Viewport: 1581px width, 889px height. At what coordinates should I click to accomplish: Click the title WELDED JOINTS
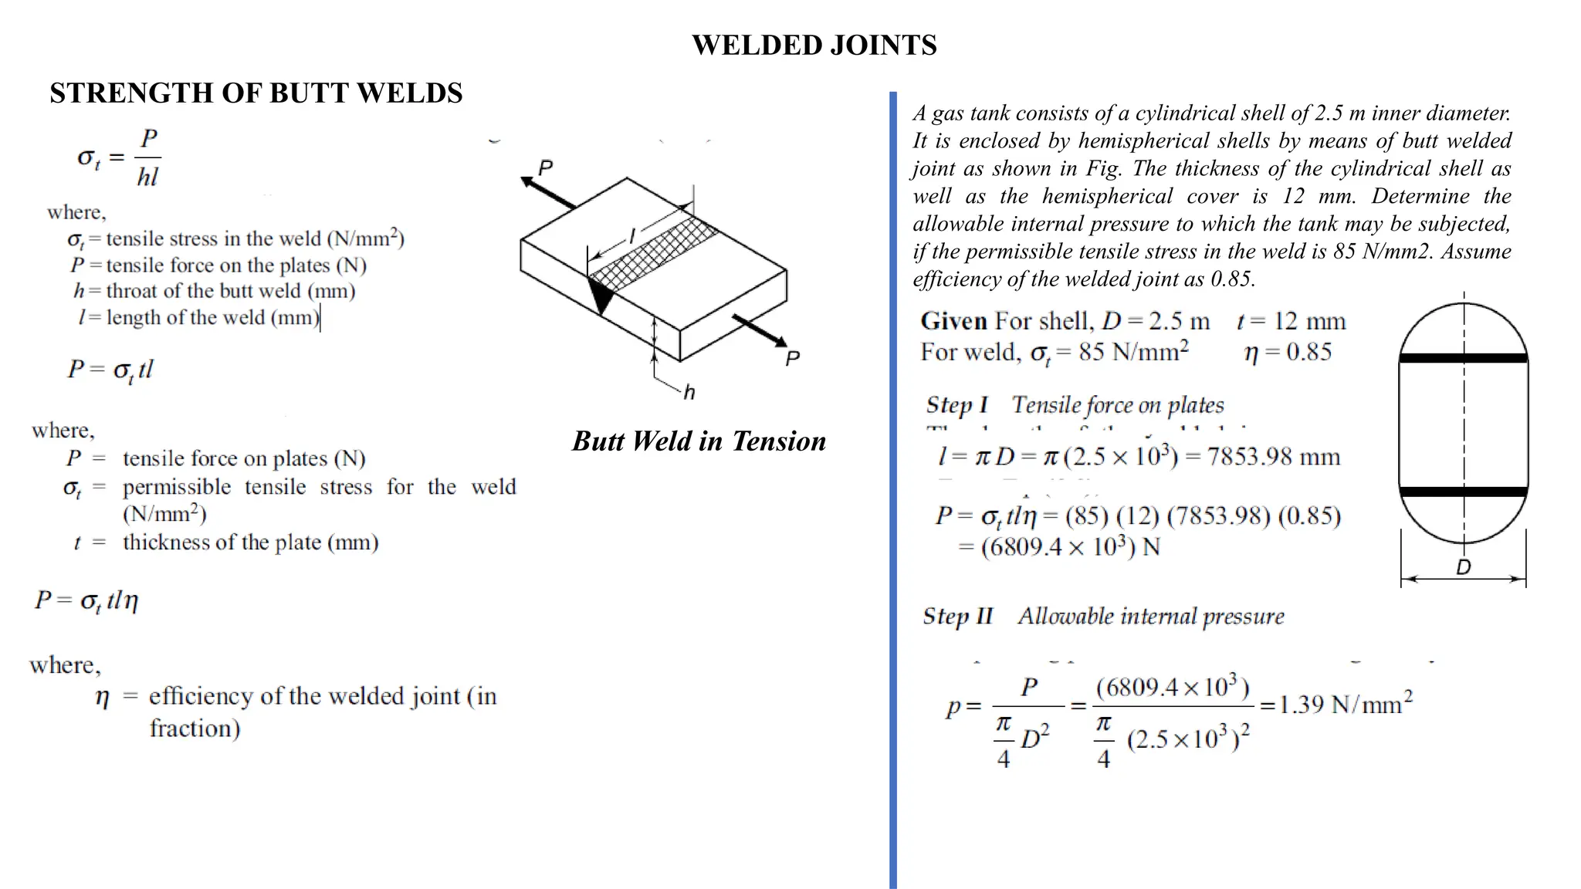pyautogui.click(x=814, y=46)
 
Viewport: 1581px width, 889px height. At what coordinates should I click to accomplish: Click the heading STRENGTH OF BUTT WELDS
pyautogui.click(x=256, y=93)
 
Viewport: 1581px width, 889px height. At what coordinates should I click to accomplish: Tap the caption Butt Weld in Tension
pyautogui.click(x=699, y=441)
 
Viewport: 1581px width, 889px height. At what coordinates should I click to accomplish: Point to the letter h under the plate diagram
pyautogui.click(x=689, y=393)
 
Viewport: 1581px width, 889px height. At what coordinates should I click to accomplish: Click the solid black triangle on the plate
pyautogui.click(x=601, y=294)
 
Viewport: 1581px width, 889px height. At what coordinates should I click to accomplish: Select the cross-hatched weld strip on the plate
pyautogui.click(x=653, y=253)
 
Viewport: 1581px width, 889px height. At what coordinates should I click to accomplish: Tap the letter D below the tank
pyautogui.click(x=1463, y=568)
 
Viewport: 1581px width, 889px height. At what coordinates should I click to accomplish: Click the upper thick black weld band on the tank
pyautogui.click(x=1463, y=358)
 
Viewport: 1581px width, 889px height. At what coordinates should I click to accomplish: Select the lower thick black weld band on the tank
pyautogui.click(x=1463, y=492)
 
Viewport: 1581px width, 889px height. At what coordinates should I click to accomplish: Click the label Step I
pyautogui.click(x=956, y=405)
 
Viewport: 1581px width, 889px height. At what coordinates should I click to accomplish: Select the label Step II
pyautogui.click(x=958, y=617)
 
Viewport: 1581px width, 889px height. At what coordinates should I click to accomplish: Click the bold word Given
pyautogui.click(x=953, y=321)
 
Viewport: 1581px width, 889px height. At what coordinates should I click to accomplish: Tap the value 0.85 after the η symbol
pyautogui.click(x=1308, y=352)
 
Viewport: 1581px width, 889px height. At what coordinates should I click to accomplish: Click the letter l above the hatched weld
pyautogui.click(x=632, y=236)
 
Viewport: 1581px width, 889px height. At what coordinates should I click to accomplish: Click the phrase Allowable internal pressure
pyautogui.click(x=1150, y=617)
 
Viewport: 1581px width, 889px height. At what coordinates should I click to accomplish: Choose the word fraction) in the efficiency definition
pyautogui.click(x=195, y=728)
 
